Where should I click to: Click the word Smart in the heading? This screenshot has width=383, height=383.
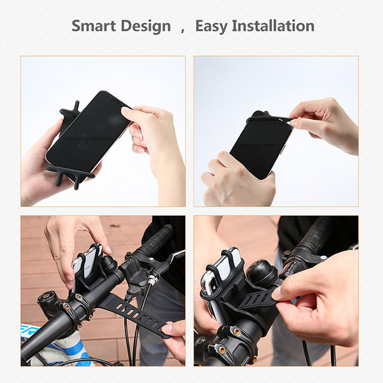tap(94, 26)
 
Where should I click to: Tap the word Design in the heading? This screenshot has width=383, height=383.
tap(147, 26)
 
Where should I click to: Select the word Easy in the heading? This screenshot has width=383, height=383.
tap(211, 26)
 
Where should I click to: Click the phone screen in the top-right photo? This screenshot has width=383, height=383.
tap(261, 146)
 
